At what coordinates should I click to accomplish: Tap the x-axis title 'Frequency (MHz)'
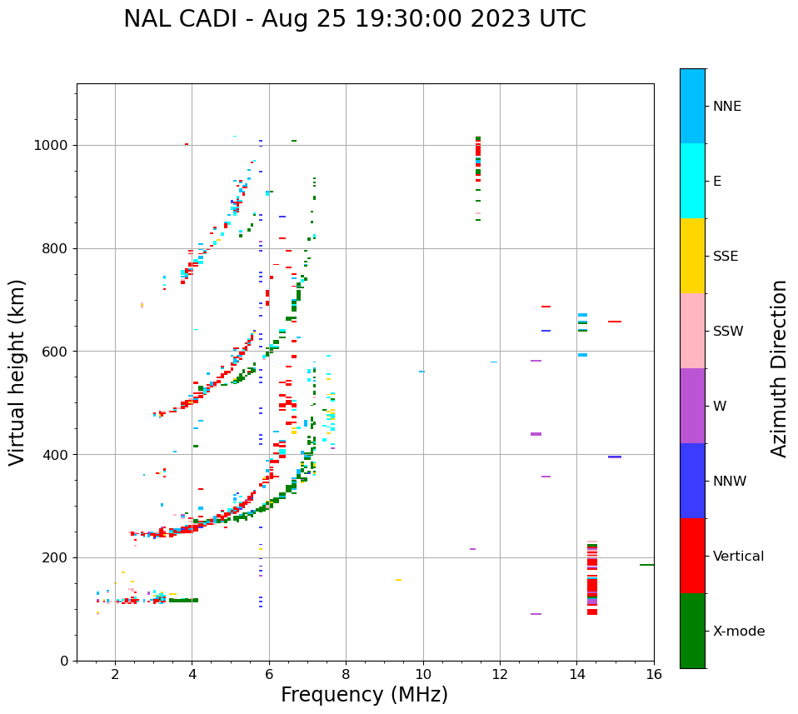(x=364, y=695)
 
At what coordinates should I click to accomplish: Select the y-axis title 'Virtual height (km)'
(x=17, y=372)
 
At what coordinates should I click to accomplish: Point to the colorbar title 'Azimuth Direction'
(x=779, y=367)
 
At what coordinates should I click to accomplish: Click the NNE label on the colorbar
(x=726, y=107)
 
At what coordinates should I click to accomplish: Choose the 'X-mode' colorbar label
(x=738, y=632)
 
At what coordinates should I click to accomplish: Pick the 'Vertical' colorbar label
(x=738, y=557)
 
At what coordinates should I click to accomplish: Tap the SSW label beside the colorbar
(x=728, y=332)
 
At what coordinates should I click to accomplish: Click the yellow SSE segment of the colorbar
(x=692, y=255)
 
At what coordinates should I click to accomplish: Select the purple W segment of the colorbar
(x=692, y=406)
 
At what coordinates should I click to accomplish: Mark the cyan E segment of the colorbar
(x=692, y=181)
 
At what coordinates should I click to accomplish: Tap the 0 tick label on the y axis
(x=65, y=661)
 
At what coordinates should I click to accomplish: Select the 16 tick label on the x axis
(x=653, y=674)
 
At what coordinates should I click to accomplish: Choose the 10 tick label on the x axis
(x=422, y=674)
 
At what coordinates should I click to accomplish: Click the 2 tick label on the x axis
(x=115, y=674)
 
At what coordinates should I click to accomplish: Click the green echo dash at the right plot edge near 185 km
(x=646, y=565)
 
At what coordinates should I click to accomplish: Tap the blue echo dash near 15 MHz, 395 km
(x=615, y=457)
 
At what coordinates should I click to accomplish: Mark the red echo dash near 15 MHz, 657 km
(x=615, y=322)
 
